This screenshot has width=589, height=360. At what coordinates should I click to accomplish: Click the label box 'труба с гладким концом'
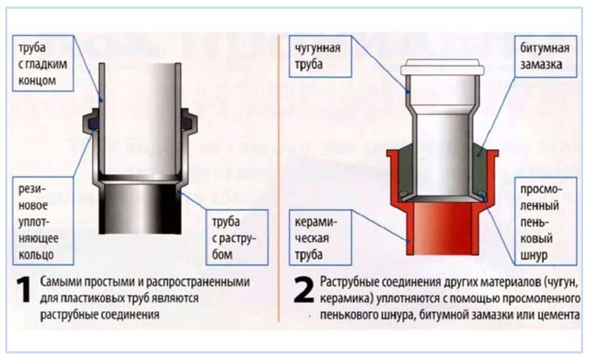43,64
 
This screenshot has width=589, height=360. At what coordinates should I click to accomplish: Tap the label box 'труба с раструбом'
237,237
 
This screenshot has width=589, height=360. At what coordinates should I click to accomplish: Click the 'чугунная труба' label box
320,57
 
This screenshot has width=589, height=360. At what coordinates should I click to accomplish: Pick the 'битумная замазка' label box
545,57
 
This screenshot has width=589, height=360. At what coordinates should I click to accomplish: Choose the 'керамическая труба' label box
320,238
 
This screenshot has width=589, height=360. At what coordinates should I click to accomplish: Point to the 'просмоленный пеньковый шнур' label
545,221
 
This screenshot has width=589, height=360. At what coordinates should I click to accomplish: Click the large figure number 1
24,290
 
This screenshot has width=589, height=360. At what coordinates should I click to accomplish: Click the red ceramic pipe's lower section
442,229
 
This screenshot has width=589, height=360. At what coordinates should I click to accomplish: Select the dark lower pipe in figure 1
140,207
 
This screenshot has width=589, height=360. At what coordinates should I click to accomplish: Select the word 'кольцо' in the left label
36,256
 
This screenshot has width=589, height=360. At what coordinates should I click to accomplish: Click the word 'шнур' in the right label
533,256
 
